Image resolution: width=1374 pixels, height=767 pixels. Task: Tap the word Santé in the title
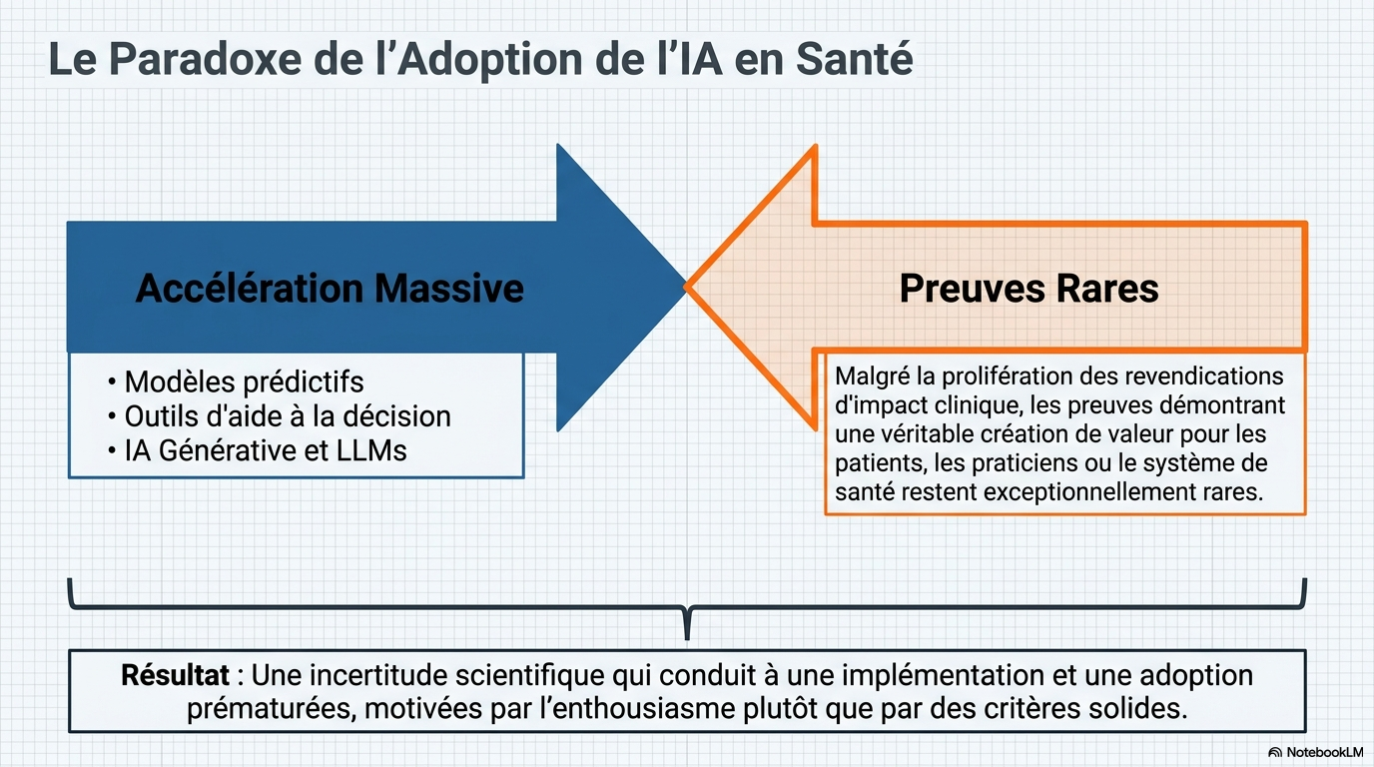point(855,59)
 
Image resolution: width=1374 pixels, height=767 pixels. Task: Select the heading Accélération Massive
point(330,288)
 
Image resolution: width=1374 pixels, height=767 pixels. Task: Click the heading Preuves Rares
point(1029,288)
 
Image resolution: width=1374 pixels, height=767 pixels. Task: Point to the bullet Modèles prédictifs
point(244,382)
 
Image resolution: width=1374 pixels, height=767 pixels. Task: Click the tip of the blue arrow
point(686,288)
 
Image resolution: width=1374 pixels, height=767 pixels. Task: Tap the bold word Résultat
point(175,675)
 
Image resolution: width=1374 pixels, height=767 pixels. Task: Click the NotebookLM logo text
point(1325,752)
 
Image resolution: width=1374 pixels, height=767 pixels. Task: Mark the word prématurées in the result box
point(270,709)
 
